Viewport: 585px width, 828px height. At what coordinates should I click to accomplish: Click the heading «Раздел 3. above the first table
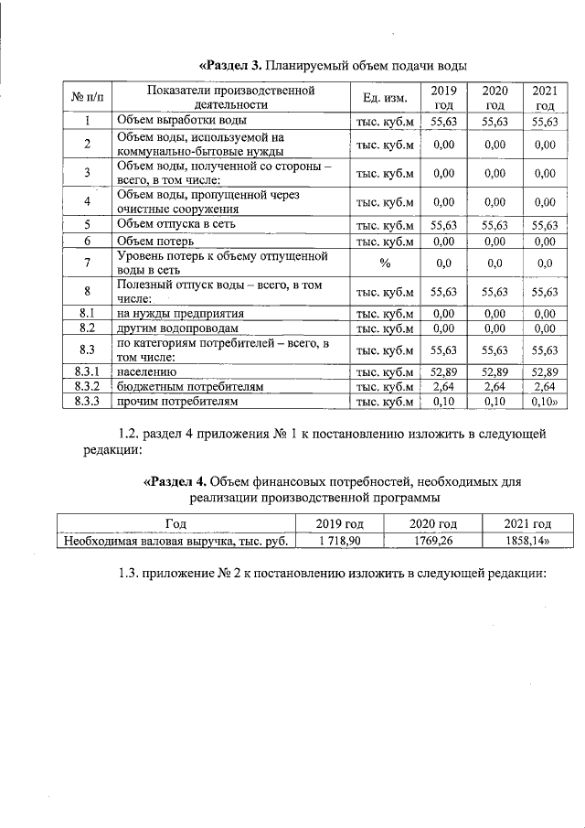coord(231,65)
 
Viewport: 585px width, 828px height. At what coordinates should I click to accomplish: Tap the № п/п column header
coord(87,98)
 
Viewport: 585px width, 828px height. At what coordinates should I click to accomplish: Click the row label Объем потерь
coord(148,241)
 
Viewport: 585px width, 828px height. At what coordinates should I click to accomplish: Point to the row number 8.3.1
coord(87,371)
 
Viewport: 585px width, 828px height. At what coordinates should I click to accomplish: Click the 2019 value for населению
coord(443,371)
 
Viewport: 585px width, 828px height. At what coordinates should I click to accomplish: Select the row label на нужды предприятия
coord(179,313)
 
